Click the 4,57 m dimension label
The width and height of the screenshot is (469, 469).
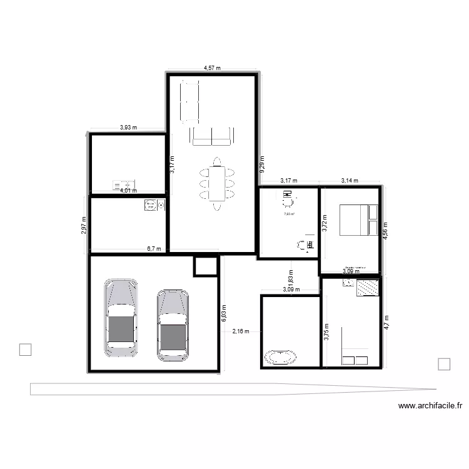[x=213, y=68]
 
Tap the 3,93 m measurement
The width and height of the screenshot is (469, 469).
[x=128, y=128]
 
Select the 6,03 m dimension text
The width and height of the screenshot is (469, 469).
[x=224, y=313]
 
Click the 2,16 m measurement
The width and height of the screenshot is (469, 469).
[x=241, y=331]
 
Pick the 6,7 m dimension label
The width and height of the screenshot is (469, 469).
[x=153, y=248]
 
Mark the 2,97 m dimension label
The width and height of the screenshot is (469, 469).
[x=84, y=225]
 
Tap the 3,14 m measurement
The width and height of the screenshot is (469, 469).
[x=350, y=181]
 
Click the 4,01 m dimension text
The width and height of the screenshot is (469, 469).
[x=128, y=191]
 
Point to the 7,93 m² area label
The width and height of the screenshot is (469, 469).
[x=289, y=214]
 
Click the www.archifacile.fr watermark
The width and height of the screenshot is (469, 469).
[x=430, y=405]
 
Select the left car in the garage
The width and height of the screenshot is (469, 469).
[x=121, y=318]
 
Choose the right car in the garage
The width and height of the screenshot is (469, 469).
[x=173, y=324]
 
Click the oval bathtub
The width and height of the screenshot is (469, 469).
[x=280, y=357]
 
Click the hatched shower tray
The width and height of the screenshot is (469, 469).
[x=367, y=287]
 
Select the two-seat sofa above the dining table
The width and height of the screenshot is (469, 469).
[x=211, y=136]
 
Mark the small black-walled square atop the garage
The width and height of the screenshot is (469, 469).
[x=204, y=266]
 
